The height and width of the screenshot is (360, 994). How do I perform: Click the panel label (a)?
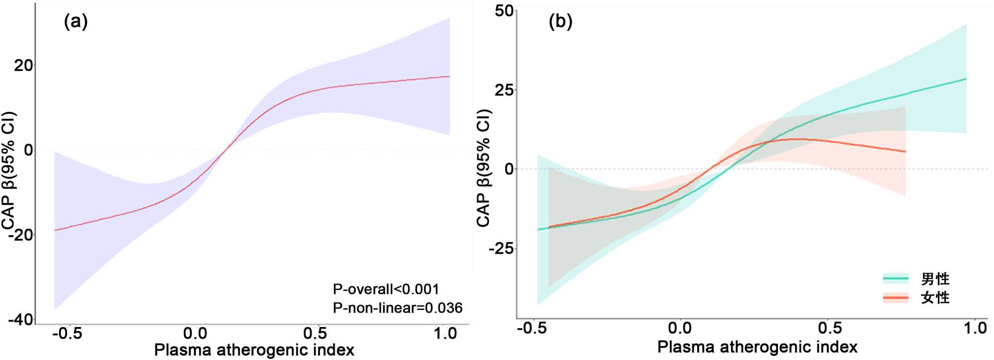pos(76,21)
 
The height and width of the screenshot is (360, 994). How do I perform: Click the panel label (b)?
pos(560,21)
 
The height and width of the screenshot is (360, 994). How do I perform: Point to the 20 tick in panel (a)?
pos(23,65)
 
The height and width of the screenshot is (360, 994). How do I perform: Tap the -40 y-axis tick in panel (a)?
pos(20,319)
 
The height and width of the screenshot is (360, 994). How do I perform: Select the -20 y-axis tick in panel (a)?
pos(20,234)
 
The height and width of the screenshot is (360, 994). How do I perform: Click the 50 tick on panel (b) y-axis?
pos(504,11)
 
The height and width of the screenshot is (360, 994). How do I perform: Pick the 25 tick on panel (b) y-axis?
pos(504,90)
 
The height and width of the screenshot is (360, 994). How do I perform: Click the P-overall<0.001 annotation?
pos(386,289)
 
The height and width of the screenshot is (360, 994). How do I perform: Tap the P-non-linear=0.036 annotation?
pos(398,308)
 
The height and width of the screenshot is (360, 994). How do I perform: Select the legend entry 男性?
pos(935,279)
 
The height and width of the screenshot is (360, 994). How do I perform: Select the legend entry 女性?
pos(935,298)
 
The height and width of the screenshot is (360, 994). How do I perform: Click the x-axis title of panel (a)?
pos(254,350)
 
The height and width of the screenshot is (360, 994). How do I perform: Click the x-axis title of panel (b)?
pos(757,347)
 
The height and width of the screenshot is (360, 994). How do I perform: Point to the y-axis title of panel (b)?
pos(484,168)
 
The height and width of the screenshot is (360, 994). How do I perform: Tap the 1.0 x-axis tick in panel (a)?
pos(445,333)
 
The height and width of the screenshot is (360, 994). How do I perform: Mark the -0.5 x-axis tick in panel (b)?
pos(532,328)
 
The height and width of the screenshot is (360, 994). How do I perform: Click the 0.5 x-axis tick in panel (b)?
pos(830,328)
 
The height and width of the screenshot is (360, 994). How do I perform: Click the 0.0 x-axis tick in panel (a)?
pos(195,333)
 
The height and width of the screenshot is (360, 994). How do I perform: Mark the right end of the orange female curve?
pos(905,151)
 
